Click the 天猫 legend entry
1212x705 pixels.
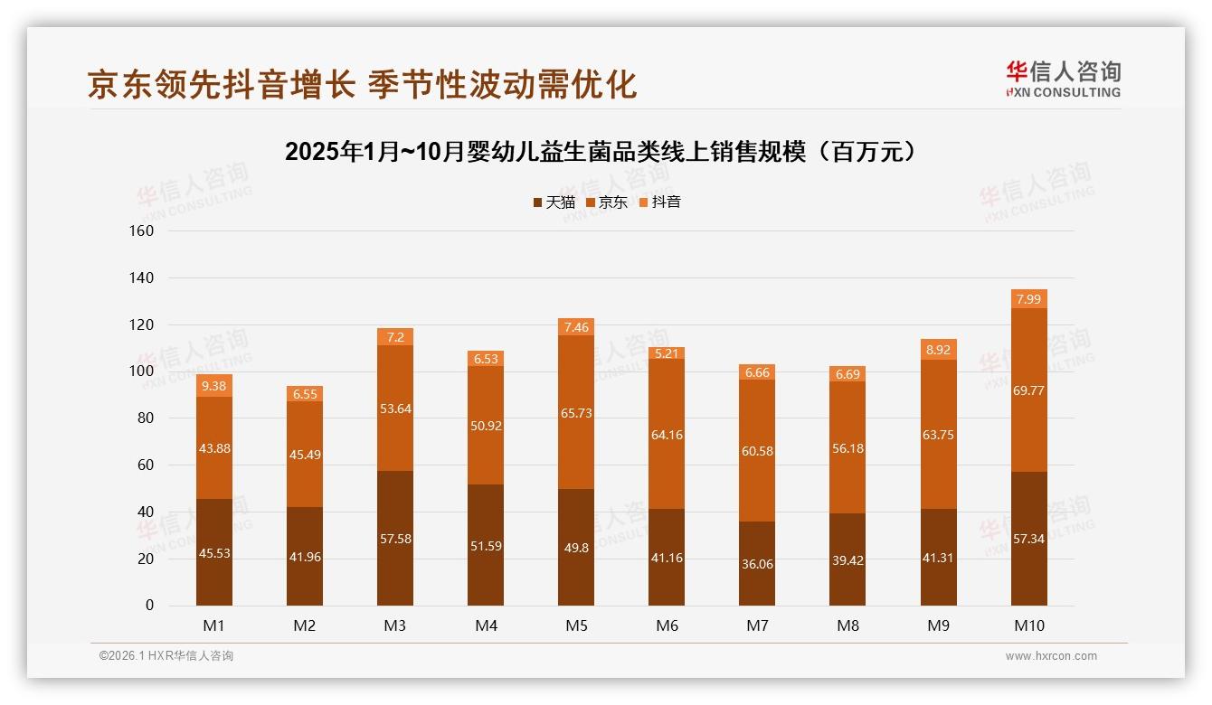click(554, 202)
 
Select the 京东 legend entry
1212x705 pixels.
click(606, 202)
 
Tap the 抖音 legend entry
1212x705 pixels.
click(659, 202)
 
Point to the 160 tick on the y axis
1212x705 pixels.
click(143, 230)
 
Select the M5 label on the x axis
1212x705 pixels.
click(576, 625)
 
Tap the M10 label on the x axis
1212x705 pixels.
click(1028, 625)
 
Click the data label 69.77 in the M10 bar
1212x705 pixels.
click(1028, 390)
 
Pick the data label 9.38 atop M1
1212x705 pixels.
click(214, 386)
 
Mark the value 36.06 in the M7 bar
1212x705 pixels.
click(757, 564)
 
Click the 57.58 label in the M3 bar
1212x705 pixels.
click(395, 539)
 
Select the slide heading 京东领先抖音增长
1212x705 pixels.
click(362, 84)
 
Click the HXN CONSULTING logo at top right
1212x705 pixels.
click(1063, 79)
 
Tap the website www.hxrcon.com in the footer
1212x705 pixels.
click(1051, 656)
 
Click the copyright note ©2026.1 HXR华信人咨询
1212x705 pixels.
click(166, 656)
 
